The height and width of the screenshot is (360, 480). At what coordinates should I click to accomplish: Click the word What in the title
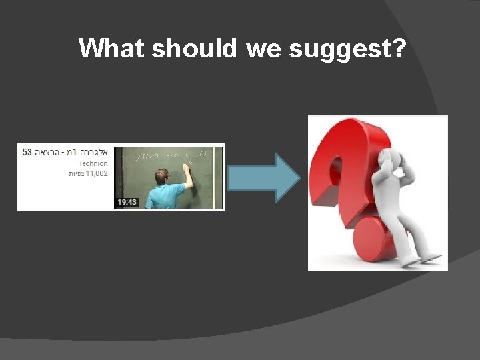point(112,48)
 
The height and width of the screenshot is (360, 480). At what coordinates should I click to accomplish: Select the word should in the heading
point(194,48)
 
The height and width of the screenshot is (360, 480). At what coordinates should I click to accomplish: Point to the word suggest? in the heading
point(347,49)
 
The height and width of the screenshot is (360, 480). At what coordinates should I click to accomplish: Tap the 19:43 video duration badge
point(127,201)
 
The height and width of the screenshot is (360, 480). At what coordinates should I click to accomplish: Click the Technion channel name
point(93,163)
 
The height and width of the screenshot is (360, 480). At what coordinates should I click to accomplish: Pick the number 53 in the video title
point(27,152)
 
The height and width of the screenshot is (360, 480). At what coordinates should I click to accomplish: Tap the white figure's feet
point(427,257)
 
